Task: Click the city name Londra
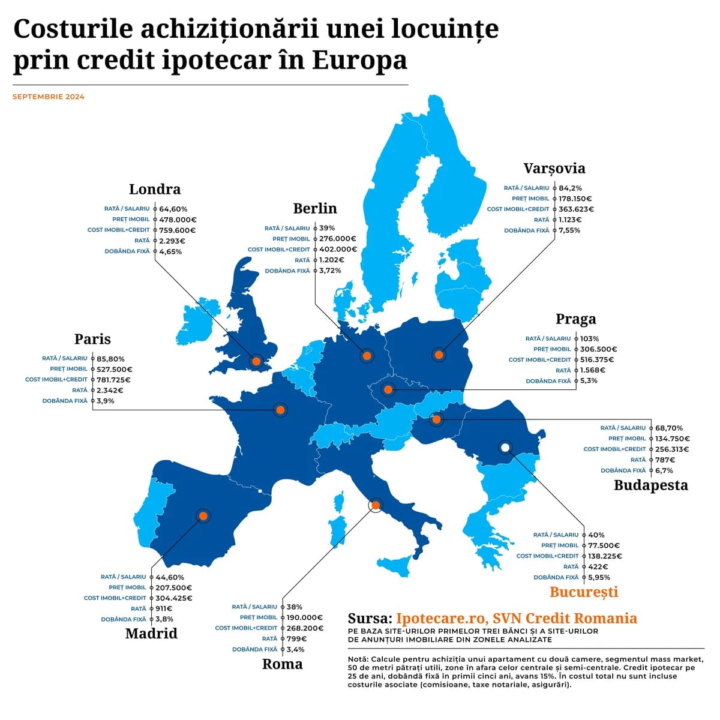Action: [154, 189]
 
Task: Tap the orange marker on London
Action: [256, 361]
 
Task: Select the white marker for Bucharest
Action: [505, 447]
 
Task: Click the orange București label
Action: [583, 592]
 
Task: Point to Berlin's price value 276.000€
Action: [338, 239]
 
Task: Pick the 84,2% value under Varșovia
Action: [570, 188]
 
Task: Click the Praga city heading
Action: [575, 319]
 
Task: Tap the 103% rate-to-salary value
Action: [589, 338]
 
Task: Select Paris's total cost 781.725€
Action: [113, 380]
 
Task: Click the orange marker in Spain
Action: [203, 516]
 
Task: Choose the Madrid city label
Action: [151, 634]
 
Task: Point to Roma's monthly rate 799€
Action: [296, 638]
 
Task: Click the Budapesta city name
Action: [650, 485]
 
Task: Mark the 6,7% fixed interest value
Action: [664, 470]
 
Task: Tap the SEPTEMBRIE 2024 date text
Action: [49, 97]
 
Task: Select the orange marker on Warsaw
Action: [439, 355]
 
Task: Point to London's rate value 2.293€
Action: [172, 241]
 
